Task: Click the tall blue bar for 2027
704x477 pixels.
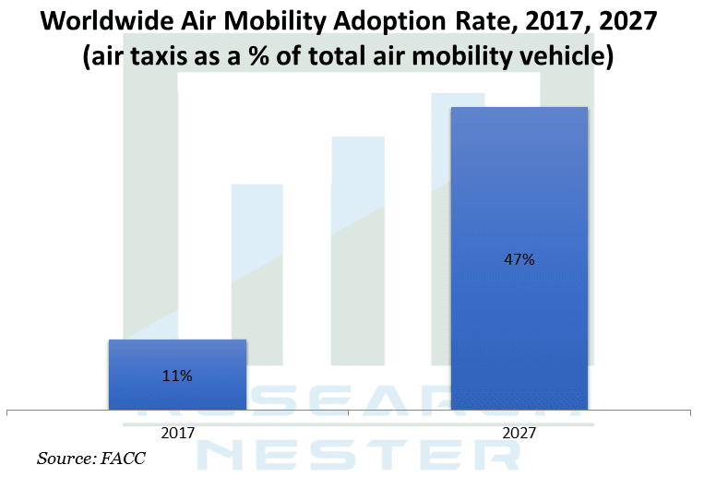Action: pos(519,304)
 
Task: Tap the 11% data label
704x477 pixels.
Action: pos(177,376)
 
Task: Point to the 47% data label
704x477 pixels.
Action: pos(519,259)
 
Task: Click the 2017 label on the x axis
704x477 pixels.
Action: pos(177,431)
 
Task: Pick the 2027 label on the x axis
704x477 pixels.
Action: pos(519,431)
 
